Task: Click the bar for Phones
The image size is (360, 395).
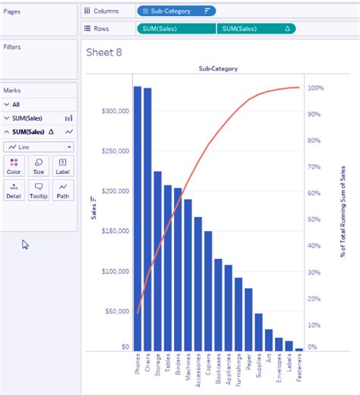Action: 137,220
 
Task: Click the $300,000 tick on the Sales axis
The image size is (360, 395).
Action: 115,111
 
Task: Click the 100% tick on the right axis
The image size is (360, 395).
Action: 316,88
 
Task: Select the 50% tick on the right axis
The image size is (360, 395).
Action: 315,219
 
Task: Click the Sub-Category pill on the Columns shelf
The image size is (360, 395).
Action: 175,11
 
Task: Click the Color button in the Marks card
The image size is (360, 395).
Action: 14,166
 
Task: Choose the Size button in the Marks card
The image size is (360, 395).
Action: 38,166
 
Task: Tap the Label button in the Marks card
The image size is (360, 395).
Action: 62,166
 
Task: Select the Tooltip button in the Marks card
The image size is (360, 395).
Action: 38,190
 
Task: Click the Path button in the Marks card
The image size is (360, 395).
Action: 62,190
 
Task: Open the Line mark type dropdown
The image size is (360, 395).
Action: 39,146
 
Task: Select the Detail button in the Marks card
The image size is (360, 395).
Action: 14,190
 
